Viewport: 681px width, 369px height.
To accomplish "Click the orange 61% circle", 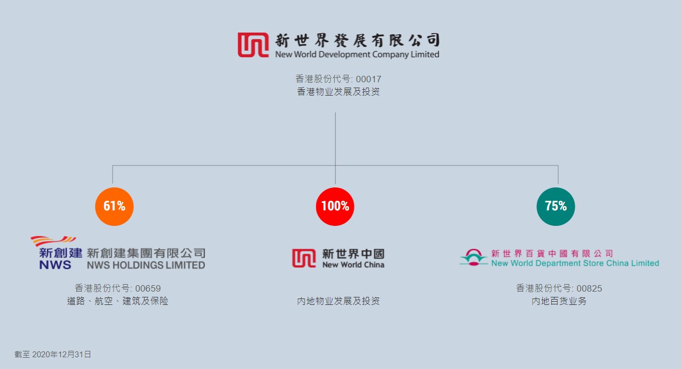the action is click(x=114, y=206).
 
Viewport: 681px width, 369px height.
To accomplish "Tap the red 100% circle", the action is click(x=335, y=206).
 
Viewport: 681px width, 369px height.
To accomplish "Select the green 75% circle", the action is click(x=556, y=206).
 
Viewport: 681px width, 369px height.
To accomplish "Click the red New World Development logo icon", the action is click(x=253, y=45).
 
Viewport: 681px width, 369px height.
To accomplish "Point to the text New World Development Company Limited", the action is click(x=357, y=54).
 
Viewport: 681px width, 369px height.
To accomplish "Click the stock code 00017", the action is click(x=369, y=79).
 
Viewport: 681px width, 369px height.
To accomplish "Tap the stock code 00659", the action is click(x=148, y=288).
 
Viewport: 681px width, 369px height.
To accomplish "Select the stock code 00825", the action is click(x=589, y=288).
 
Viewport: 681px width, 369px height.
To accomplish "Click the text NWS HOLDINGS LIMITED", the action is click(x=146, y=265).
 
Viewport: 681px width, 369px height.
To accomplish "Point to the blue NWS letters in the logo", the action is click(x=55, y=265).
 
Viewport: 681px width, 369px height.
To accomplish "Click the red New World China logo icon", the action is click(x=304, y=258).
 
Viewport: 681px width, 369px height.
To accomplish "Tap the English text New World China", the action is click(x=353, y=265).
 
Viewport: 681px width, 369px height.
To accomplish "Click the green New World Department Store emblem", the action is click(x=473, y=257).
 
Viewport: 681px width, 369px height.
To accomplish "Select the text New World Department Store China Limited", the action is click(x=575, y=263).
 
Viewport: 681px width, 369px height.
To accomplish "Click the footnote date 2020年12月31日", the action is click(x=61, y=354).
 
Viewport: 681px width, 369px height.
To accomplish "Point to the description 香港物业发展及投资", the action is click(x=338, y=92).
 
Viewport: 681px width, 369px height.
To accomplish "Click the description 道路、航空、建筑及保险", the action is click(x=117, y=301).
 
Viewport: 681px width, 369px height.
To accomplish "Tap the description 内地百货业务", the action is click(x=559, y=301).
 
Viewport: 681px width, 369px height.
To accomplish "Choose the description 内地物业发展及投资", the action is click(x=338, y=301).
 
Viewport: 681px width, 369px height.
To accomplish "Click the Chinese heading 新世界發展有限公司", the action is click(x=357, y=40).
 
